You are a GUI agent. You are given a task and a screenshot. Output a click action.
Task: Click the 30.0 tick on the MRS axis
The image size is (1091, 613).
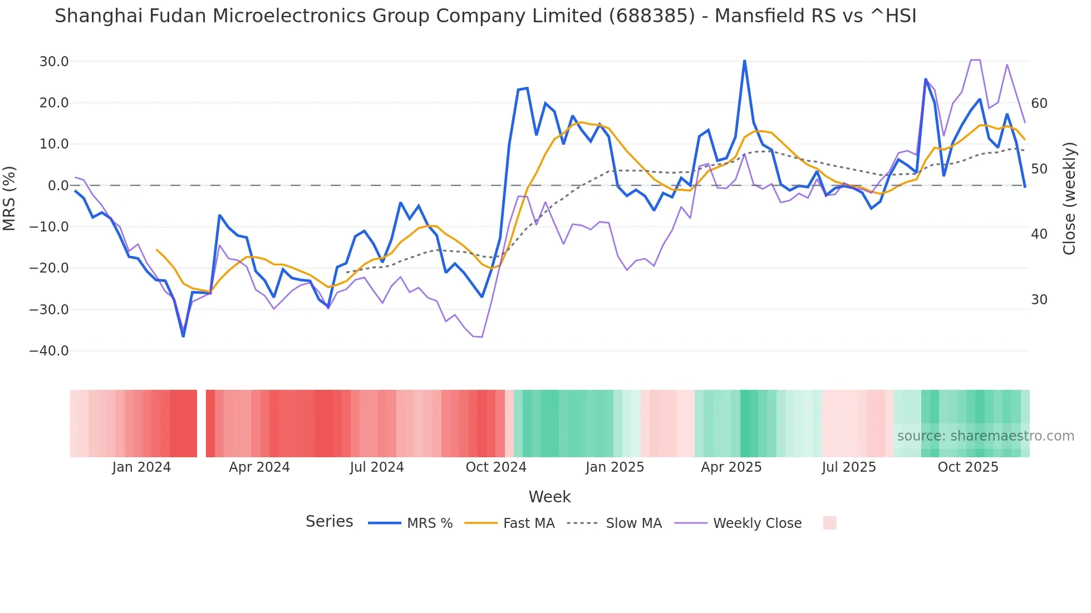click(x=53, y=62)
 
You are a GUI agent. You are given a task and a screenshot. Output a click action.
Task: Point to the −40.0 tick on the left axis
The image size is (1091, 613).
click(x=49, y=351)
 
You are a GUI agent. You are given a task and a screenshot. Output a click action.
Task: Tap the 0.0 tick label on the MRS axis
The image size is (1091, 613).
click(x=58, y=186)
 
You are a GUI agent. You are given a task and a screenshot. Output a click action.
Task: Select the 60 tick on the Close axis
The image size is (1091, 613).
click(x=1039, y=103)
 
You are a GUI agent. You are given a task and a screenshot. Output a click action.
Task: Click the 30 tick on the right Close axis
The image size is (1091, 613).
click(x=1039, y=300)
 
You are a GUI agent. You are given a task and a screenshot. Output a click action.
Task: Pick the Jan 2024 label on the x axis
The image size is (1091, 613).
click(x=141, y=467)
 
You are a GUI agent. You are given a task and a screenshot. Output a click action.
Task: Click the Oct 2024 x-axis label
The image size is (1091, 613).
click(x=496, y=467)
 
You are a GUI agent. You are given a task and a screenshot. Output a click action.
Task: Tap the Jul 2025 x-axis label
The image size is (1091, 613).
click(x=849, y=467)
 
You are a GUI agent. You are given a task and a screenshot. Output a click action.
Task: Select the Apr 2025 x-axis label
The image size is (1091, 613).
click(x=731, y=467)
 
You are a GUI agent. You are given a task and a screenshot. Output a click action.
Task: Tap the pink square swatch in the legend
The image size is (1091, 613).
click(x=829, y=523)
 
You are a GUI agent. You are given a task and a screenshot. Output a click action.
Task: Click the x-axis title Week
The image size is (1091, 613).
click(x=549, y=497)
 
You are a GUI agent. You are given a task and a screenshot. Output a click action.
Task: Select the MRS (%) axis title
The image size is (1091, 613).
click(x=9, y=198)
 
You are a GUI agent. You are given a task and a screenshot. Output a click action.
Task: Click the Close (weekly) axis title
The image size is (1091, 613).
click(x=1069, y=199)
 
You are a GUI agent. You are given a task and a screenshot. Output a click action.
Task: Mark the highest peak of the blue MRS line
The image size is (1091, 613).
click(x=744, y=61)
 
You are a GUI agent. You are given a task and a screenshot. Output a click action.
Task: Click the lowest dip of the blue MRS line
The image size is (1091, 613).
click(x=183, y=336)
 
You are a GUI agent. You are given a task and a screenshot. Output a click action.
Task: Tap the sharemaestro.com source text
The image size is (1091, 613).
click(x=985, y=436)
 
